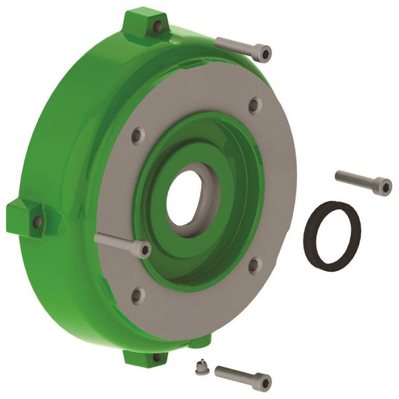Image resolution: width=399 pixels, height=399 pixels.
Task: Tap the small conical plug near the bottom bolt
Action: point(198,365)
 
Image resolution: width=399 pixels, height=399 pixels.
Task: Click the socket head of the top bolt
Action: point(261,51)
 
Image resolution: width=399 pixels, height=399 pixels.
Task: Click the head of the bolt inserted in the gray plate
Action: point(143,248)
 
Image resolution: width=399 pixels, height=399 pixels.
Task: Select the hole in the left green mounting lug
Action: point(37,222)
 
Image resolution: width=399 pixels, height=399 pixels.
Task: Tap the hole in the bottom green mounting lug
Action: point(158,357)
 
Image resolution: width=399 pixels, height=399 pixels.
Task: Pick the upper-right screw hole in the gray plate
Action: point(253,106)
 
